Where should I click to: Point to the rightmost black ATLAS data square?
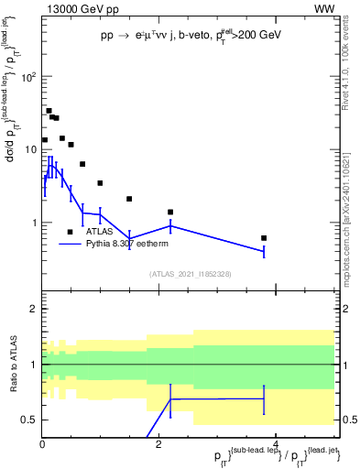pyautogui.click(x=264, y=238)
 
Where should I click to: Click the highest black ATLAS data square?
pyautogui.click(x=49, y=111)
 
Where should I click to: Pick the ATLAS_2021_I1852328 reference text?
pyautogui.click(x=190, y=274)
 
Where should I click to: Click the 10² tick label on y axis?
pyautogui.click(x=28, y=77)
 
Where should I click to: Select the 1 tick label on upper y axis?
pyautogui.click(x=33, y=223)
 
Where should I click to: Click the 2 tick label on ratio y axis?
pyautogui.click(x=33, y=310)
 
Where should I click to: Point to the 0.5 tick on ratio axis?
pyautogui.click(x=28, y=420)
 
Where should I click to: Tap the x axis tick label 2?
pyautogui.click(x=159, y=444)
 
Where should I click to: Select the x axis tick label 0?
pyautogui.click(x=43, y=444)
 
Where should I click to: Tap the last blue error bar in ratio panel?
pyautogui.click(x=264, y=398)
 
